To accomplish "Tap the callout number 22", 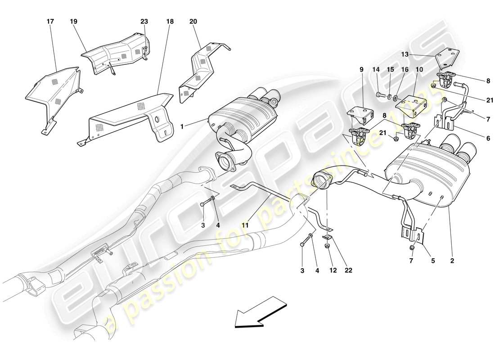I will [348, 270].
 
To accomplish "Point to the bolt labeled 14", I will [378, 94].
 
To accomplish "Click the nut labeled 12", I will [327, 246].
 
